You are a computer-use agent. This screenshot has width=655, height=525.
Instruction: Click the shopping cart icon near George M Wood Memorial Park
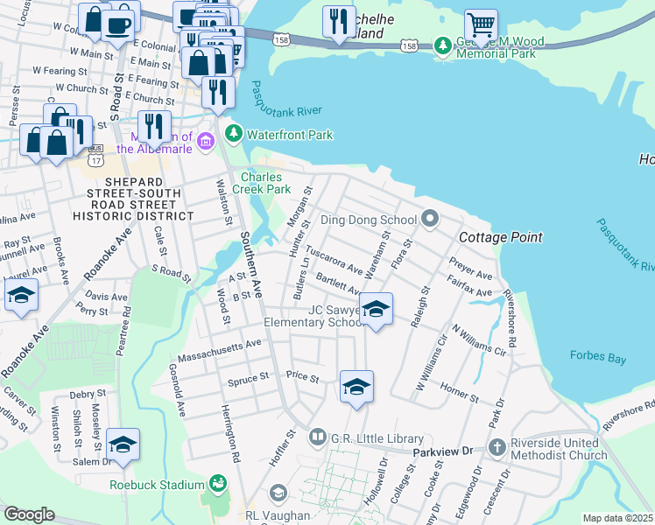(480, 24)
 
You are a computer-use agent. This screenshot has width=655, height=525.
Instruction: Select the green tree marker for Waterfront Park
(234, 134)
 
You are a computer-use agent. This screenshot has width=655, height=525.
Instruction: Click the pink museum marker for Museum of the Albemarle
(206, 141)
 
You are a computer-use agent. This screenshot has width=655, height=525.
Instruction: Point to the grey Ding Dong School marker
(429, 218)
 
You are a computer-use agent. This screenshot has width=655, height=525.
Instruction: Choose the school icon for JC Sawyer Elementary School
(376, 309)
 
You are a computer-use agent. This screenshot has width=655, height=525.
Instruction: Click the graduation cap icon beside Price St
(356, 387)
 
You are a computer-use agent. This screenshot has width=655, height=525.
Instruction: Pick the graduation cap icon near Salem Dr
(123, 444)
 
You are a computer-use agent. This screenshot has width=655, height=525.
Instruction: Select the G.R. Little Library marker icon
(316, 437)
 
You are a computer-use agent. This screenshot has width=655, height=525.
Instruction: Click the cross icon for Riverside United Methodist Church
(497, 446)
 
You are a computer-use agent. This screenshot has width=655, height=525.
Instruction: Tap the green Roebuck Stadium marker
(216, 484)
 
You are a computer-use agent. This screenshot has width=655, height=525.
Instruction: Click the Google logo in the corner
(29, 514)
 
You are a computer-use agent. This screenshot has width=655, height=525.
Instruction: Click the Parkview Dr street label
(443, 451)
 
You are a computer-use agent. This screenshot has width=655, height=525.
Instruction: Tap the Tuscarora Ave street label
(332, 265)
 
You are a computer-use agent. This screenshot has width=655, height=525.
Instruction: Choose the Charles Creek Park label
(265, 183)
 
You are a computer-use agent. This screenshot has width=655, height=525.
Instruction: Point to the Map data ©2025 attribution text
(617, 518)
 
